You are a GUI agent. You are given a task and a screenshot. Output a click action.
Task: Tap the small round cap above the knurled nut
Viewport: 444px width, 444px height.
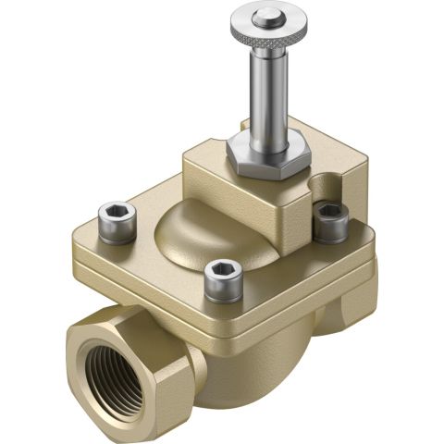(269, 15)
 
